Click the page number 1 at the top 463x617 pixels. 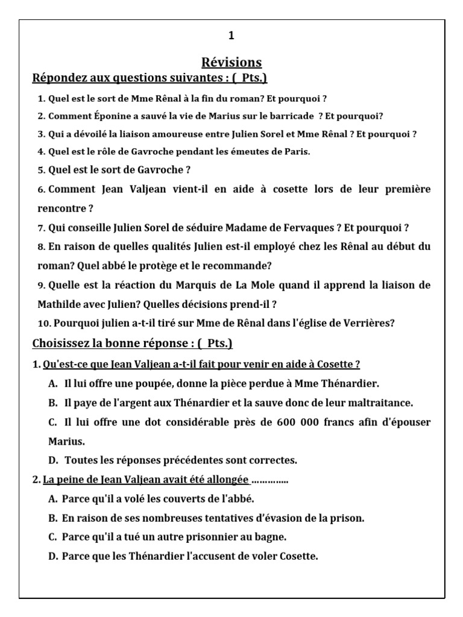[231, 37]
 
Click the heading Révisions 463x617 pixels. [231, 63]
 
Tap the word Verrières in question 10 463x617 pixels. [364, 323]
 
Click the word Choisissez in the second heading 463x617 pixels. [60, 343]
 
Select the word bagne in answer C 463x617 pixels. [271, 537]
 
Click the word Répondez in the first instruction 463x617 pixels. [60, 78]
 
